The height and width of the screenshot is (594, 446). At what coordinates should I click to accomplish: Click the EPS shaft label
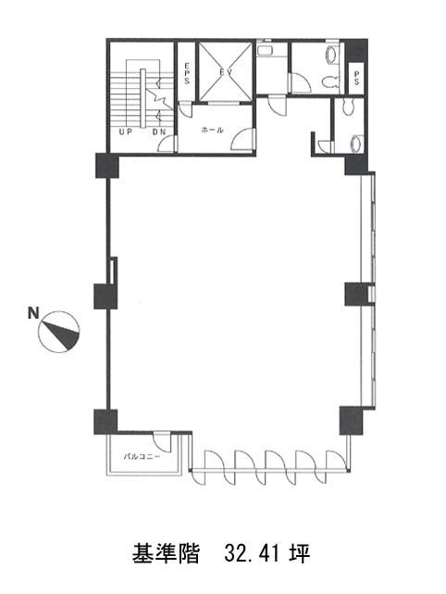tap(187, 73)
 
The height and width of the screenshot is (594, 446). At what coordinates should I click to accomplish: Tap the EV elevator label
tap(226, 71)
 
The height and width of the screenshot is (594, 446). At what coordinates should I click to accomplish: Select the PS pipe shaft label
tap(356, 78)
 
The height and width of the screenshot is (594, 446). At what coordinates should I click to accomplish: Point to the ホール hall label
tap(212, 130)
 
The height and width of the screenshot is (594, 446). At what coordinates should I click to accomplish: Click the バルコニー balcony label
tap(142, 457)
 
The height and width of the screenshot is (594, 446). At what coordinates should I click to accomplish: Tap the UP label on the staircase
tap(125, 133)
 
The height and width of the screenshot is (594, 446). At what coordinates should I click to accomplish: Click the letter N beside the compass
tap(33, 313)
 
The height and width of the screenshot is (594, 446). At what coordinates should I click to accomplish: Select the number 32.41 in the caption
tap(252, 553)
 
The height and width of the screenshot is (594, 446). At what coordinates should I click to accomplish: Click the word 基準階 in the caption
tap(166, 553)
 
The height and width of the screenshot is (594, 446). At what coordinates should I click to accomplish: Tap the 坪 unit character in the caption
tap(300, 553)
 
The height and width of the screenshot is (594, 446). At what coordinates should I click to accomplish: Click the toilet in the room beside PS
tap(330, 82)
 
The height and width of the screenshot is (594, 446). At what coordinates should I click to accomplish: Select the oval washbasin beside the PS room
tap(333, 56)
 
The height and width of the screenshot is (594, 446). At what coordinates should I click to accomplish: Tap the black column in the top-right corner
tap(355, 50)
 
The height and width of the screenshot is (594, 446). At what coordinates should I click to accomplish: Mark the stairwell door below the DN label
tap(167, 145)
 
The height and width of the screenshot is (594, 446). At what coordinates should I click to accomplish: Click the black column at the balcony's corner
tap(105, 422)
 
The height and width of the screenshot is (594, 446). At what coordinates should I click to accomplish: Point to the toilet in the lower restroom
tap(356, 145)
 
